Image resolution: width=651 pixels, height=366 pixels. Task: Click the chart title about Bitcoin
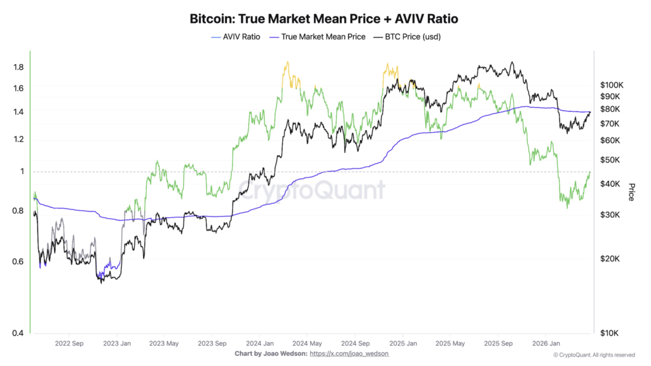click(x=324, y=18)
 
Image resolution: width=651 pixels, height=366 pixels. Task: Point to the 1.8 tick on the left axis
click(x=18, y=67)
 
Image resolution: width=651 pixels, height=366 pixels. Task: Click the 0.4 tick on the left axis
click(x=18, y=333)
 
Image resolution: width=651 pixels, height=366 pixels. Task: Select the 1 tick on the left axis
click(x=22, y=172)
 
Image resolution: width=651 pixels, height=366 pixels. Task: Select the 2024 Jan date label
click(x=261, y=343)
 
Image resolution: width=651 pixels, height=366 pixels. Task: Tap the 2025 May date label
click(x=450, y=343)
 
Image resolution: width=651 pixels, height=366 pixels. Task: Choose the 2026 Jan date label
click(x=545, y=343)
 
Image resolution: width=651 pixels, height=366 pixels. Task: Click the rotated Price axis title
click(x=631, y=192)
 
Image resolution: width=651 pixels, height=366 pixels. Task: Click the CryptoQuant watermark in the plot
click(x=312, y=190)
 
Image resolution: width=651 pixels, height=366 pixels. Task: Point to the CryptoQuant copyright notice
click(x=594, y=355)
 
